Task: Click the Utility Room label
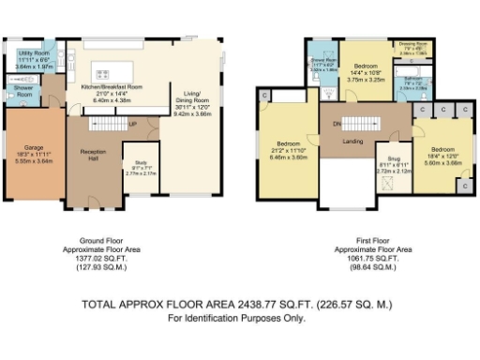coord(33,57)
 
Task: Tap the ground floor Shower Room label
coord(22,91)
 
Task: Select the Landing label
coord(354,142)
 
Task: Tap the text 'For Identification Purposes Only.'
coord(236,319)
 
